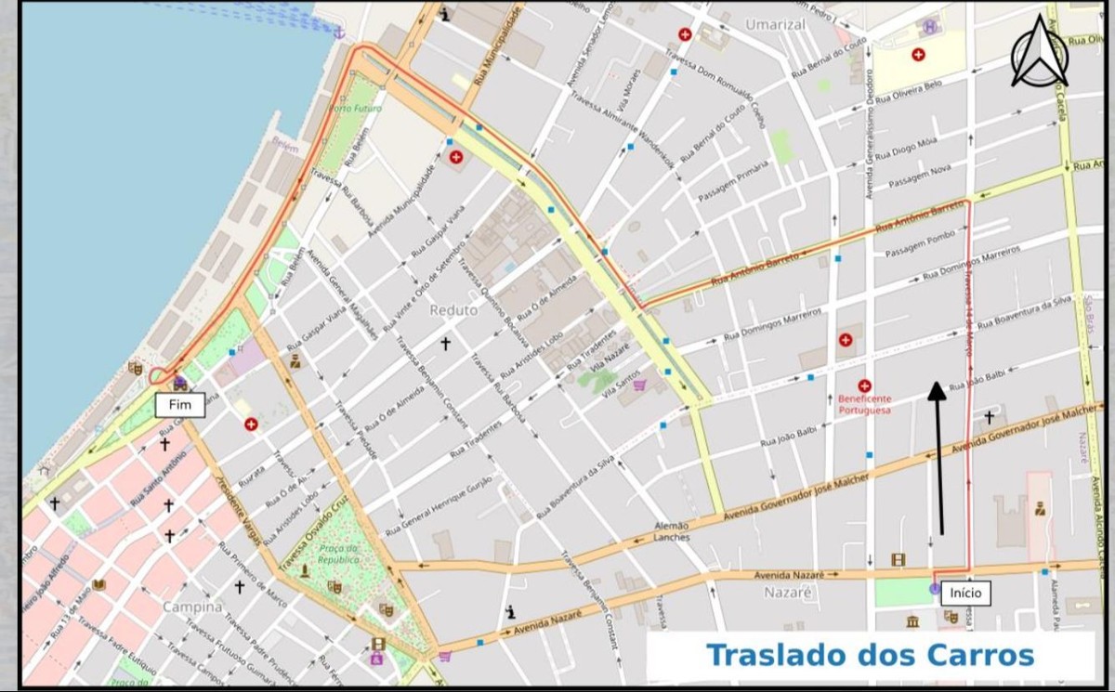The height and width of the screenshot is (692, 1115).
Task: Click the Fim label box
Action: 179,405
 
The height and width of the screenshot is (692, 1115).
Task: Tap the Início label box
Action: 964,593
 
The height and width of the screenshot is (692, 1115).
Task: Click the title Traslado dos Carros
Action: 870,655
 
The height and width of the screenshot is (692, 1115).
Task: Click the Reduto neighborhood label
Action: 453,310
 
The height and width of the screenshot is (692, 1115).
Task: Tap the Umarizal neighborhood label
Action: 776,25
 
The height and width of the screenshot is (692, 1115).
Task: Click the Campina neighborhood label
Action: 192,607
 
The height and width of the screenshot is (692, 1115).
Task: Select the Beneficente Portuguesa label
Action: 865,403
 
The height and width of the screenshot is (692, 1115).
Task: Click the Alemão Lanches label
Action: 672,531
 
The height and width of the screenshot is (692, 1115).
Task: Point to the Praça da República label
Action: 338,555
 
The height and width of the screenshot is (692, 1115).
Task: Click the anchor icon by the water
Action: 339,33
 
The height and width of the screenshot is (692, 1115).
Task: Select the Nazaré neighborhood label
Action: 788,592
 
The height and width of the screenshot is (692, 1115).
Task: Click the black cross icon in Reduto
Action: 445,344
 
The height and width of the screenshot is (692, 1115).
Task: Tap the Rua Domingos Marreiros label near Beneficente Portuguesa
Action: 772,327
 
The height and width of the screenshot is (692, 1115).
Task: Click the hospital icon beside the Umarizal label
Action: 685,34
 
